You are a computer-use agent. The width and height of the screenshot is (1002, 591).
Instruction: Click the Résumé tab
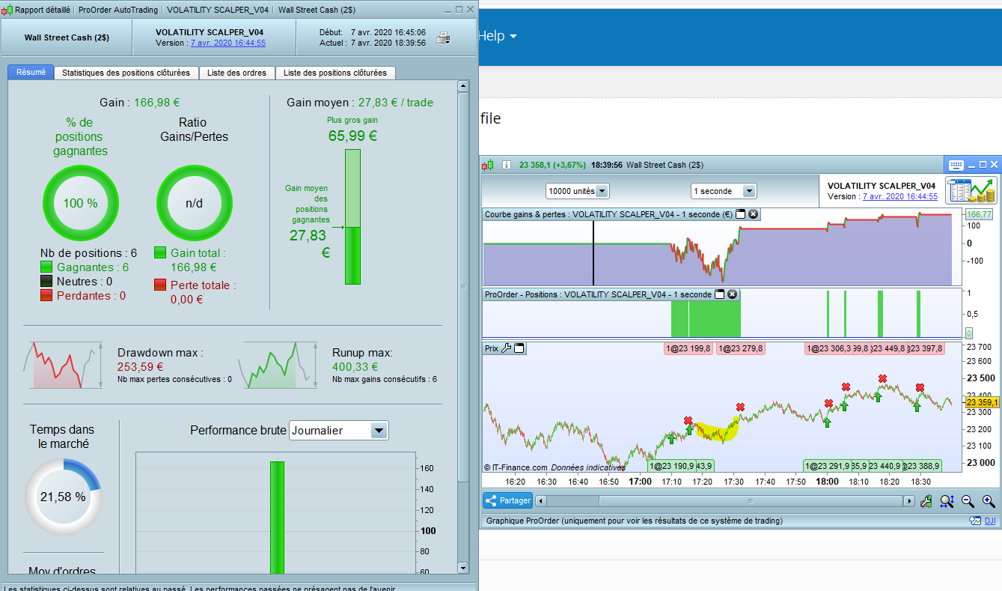pyautogui.click(x=31, y=73)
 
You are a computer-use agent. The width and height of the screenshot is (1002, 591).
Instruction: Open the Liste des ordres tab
pyautogui.click(x=236, y=73)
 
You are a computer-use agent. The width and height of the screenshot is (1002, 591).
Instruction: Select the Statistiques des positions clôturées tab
pyautogui.click(x=126, y=73)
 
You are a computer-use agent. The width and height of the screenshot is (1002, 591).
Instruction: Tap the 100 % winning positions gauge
pyautogui.click(x=80, y=203)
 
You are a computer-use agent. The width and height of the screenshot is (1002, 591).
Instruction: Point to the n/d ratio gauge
pyautogui.click(x=194, y=203)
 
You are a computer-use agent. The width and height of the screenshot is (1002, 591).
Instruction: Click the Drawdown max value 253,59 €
pyautogui.click(x=141, y=367)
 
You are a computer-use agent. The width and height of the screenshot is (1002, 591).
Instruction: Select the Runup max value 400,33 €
pyautogui.click(x=355, y=367)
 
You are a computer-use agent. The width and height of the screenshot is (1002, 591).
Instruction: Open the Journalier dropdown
pyautogui.click(x=339, y=431)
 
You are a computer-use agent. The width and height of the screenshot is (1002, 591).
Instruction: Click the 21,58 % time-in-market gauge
pyautogui.click(x=63, y=496)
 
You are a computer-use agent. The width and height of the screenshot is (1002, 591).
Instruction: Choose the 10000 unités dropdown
pyautogui.click(x=577, y=191)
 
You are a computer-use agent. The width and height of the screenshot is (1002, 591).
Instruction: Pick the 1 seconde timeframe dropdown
pyautogui.click(x=723, y=191)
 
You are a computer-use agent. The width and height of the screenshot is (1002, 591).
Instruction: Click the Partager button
pyautogui.click(x=507, y=500)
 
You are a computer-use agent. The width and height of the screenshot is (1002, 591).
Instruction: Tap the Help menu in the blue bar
pyautogui.click(x=498, y=36)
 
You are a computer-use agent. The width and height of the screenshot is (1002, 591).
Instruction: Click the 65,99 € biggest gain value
pyautogui.click(x=352, y=136)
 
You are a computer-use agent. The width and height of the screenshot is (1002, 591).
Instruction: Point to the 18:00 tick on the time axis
pyautogui.click(x=827, y=482)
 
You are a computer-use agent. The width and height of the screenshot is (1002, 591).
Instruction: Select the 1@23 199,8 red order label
pyautogui.click(x=688, y=348)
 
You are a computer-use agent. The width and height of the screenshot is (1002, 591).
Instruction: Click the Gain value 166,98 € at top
pyautogui.click(x=157, y=103)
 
